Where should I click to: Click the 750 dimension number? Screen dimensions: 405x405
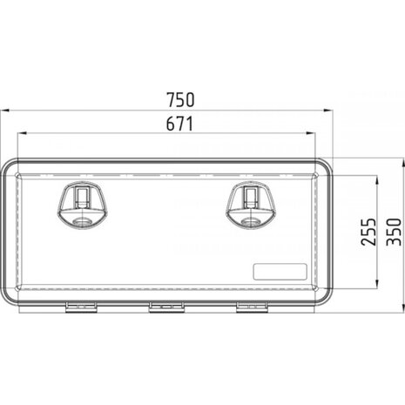click(180, 99)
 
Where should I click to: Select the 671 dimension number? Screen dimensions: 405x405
click(179, 124)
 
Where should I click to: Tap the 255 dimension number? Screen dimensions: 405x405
click(368, 232)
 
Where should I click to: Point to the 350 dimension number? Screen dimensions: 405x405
click(394, 232)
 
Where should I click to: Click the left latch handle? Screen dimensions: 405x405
click(83, 206)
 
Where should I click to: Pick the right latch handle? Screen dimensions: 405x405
click(251, 206)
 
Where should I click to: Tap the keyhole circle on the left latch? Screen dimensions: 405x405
click(83, 222)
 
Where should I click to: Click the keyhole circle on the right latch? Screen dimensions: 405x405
click(251, 222)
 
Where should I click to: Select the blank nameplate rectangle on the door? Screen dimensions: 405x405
click(280, 272)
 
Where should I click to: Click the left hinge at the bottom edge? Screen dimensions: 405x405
click(81, 307)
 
